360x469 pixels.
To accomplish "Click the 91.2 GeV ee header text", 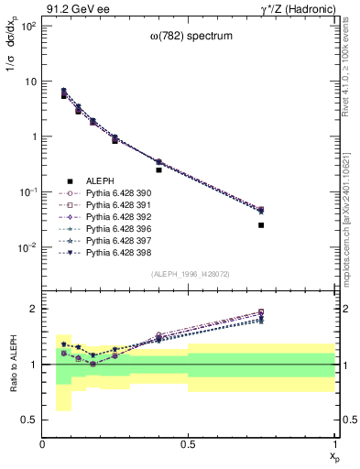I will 74,9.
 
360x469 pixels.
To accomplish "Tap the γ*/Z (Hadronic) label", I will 298,9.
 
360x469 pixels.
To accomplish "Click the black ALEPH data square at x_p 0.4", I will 158,169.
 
